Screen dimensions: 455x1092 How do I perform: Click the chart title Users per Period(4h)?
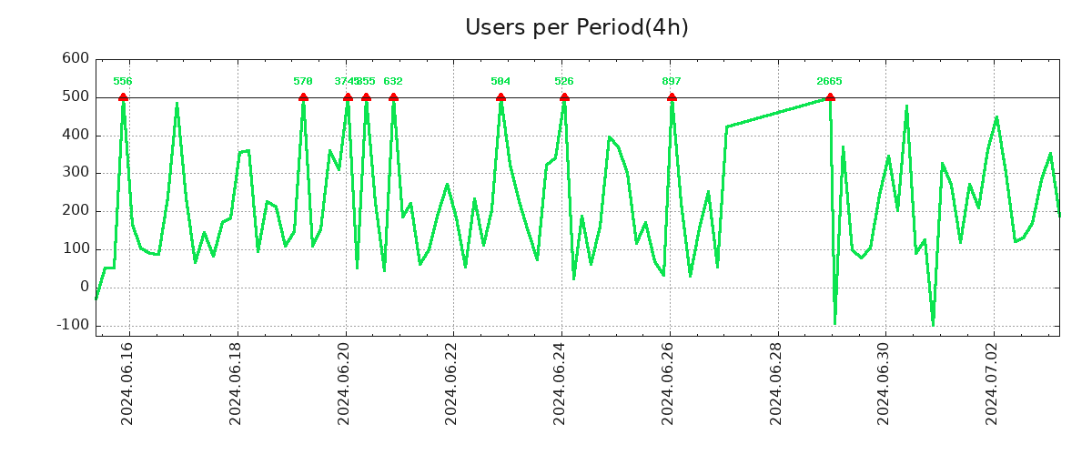(x=576, y=27)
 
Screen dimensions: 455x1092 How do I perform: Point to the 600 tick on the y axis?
(x=76, y=59)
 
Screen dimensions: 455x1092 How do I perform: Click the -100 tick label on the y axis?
(x=73, y=325)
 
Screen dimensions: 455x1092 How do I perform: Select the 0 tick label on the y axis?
(x=84, y=287)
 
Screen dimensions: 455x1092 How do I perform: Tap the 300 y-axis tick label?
(x=76, y=173)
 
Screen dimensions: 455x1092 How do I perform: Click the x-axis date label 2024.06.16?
(x=127, y=382)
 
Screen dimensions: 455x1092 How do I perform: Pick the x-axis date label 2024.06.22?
(x=452, y=382)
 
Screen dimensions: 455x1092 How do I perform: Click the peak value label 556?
(x=123, y=82)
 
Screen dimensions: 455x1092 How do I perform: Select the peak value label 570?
(x=303, y=82)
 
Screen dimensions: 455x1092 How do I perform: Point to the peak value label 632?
(x=393, y=82)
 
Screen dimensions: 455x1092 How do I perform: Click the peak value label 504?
(x=500, y=82)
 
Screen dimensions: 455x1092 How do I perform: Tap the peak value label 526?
(x=564, y=82)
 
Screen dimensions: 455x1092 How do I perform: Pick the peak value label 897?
(x=672, y=82)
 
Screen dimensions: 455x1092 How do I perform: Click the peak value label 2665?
(x=829, y=82)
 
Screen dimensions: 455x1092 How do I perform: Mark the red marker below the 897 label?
(x=672, y=97)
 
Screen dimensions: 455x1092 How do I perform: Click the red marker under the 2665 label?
(x=830, y=97)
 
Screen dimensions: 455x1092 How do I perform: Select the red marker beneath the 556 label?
(x=123, y=97)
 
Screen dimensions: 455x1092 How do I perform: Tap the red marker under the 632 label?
(x=393, y=97)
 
